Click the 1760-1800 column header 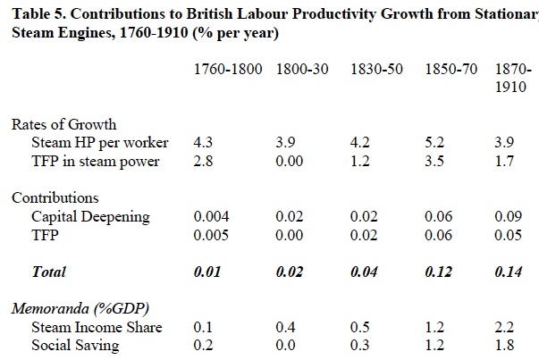(228, 70)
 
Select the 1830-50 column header (375, 70)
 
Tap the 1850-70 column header (449, 70)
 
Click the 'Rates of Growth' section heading (64, 125)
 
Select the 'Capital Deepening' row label (90, 216)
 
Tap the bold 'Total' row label (48, 271)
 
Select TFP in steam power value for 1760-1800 (203, 161)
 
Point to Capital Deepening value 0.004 (210, 216)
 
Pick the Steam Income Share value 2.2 (504, 327)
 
